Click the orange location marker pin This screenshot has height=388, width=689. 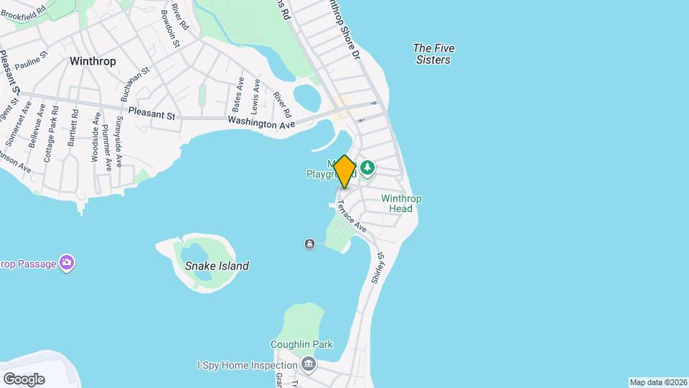[344, 171]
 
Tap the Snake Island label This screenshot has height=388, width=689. [217, 266]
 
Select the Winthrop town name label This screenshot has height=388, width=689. [93, 61]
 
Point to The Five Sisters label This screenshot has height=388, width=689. [433, 54]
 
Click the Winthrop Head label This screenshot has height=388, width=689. [400, 203]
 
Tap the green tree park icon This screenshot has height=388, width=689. [367, 167]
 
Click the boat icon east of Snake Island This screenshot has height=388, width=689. [309, 244]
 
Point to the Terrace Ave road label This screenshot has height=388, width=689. [352, 216]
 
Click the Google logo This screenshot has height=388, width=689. [24, 379]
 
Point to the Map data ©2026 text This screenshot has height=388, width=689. [657, 382]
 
